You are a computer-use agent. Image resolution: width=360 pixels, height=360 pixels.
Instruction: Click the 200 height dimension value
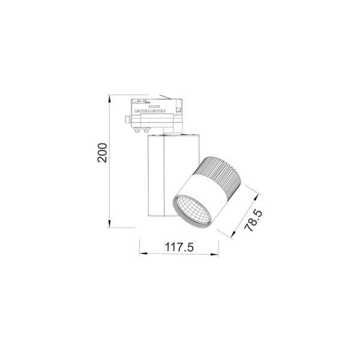pos(102,155)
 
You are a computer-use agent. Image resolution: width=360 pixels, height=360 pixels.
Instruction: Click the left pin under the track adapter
pos(139,127)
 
